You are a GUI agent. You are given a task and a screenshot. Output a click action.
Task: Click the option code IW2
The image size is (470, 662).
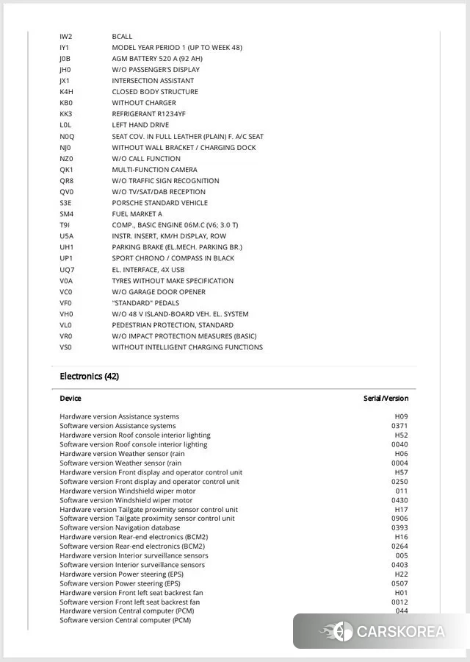pos(66,36)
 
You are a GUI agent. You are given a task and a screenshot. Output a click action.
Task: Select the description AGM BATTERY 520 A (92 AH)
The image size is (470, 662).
pos(157,58)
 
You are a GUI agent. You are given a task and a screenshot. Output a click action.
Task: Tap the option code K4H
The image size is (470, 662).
pos(67,92)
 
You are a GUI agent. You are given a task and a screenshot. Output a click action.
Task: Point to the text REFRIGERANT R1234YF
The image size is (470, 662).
pos(148,114)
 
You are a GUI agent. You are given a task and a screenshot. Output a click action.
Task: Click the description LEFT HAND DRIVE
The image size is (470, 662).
pos(140,125)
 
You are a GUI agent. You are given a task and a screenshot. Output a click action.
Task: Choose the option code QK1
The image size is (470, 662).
pos(67,170)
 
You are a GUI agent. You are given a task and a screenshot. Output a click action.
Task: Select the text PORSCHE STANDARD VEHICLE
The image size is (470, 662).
pos(159,203)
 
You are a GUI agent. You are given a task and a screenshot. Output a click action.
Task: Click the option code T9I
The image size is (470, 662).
pos(65,225)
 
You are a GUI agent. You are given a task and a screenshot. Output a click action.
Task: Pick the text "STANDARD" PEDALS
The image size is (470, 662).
pos(145,303)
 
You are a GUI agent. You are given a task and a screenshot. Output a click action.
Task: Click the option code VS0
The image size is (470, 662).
pos(66,347)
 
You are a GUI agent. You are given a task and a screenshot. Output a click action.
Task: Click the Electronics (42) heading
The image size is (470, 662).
pos(89,377)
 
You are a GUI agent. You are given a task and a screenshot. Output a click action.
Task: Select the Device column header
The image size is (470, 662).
pos(70,399)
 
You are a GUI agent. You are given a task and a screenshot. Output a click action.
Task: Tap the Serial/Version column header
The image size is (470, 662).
pos(386,399)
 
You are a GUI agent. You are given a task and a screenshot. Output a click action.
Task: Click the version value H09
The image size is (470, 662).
pos(401,417)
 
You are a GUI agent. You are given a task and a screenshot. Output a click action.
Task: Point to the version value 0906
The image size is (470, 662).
pos(399,519)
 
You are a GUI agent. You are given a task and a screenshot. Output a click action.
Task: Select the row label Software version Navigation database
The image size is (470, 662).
pos(120,527)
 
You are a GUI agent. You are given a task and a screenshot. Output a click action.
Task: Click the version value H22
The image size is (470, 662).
pos(401,574)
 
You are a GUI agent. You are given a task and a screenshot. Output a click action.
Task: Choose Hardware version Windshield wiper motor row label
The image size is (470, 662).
pos(128,491)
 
